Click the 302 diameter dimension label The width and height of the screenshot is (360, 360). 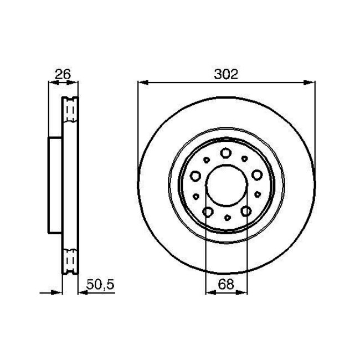pos(226,74)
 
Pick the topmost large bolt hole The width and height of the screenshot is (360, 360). pos(226,153)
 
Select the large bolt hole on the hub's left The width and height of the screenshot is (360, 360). pos(196,176)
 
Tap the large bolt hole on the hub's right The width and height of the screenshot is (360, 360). pos(256,175)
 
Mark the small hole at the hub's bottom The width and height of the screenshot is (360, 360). pos(227,218)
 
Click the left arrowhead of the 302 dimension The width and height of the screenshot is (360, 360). pos(142,83)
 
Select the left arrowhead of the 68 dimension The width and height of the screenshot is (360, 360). pos(209,291)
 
